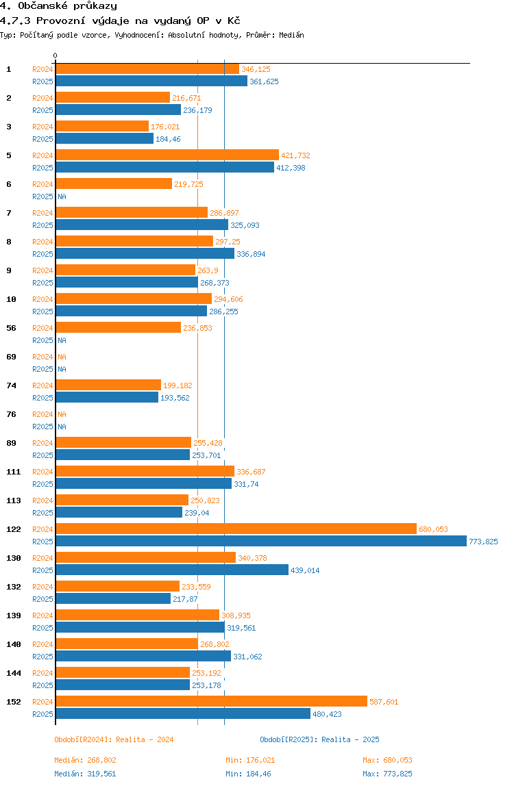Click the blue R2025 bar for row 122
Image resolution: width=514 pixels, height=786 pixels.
(260, 542)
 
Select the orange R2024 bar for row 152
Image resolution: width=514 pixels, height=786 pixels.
(211, 702)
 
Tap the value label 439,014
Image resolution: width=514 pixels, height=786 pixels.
(305, 570)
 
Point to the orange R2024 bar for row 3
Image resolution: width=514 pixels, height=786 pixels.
(102, 127)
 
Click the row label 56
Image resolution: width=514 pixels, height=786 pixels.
(10, 328)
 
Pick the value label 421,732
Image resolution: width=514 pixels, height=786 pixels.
(295, 155)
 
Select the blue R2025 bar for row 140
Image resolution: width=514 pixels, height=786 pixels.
(143, 657)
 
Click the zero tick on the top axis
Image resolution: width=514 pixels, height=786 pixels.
(56, 55)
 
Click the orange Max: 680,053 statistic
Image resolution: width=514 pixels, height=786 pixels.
(387, 760)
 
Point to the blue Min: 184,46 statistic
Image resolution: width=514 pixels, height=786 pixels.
(250, 774)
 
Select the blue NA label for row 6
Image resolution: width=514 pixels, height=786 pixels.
(62, 196)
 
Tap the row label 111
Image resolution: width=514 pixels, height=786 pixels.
(13, 472)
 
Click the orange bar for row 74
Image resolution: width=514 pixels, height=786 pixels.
(108, 385)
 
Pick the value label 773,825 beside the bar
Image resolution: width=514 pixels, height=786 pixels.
(483, 542)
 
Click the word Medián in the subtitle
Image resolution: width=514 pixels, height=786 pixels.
(291, 34)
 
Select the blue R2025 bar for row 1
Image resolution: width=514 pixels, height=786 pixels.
(151, 81)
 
